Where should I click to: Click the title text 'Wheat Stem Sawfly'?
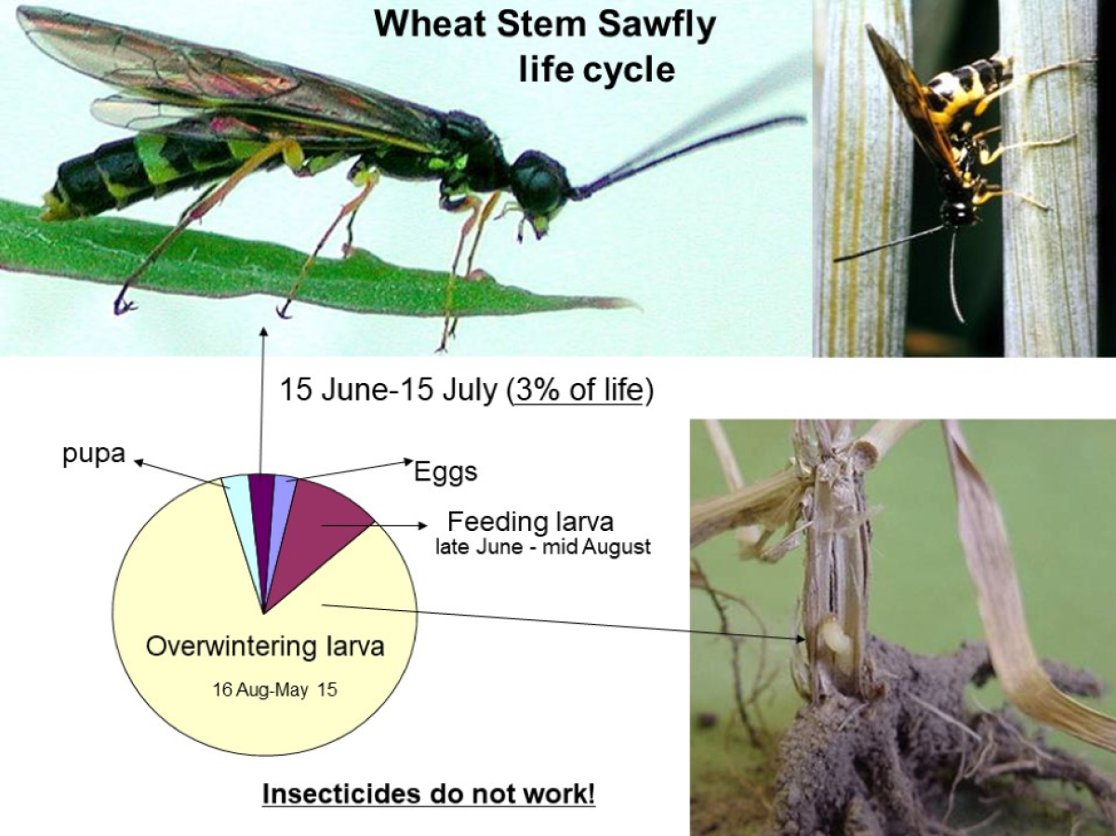[x=545, y=23]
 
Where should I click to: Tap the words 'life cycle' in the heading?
[x=597, y=69]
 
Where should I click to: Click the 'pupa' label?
[x=94, y=453]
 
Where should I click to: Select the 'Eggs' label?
[x=445, y=472]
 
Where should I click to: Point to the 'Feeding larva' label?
[x=531, y=522]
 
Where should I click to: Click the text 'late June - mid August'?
[x=543, y=548]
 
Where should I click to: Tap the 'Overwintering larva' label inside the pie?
[x=265, y=646]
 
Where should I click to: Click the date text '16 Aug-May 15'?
[x=274, y=690]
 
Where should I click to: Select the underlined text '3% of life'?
[x=579, y=391]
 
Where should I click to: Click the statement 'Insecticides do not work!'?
[x=429, y=793]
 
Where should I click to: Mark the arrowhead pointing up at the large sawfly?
[x=263, y=331]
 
